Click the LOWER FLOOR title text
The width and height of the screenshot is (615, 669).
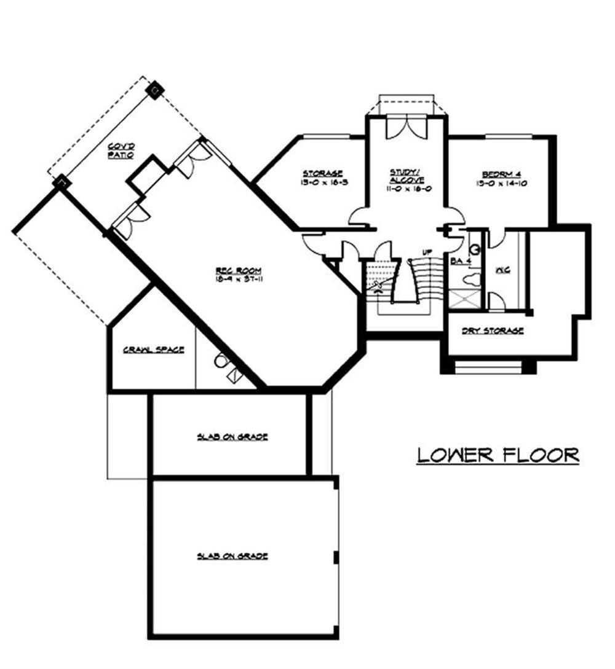pos(498,455)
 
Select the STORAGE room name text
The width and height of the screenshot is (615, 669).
pos(322,174)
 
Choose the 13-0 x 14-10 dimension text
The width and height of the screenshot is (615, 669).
pos(502,183)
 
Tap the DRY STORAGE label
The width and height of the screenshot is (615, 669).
pos(493,331)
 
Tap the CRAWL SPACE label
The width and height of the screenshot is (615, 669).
pos(153,350)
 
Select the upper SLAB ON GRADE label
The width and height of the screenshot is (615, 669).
pos(232,437)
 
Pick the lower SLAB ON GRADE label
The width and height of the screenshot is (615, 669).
pos(232,556)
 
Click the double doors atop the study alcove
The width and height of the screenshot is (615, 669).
pos(406,128)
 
